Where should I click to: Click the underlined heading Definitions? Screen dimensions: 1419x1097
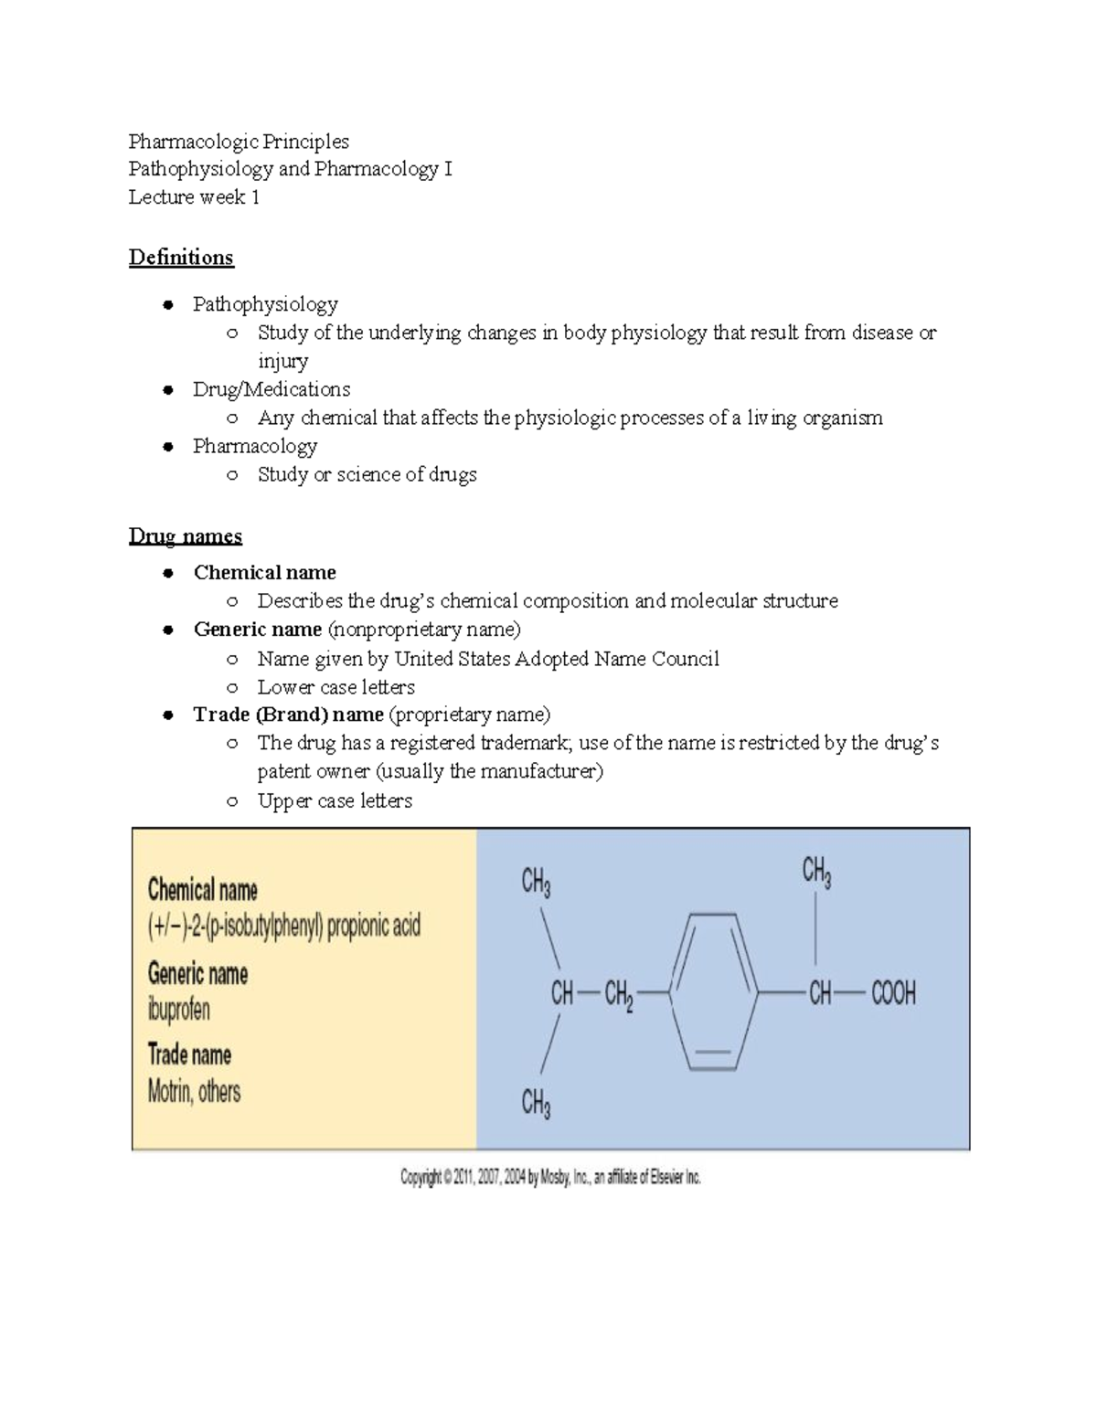[x=181, y=258]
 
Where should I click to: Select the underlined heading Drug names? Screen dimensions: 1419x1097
[x=186, y=536]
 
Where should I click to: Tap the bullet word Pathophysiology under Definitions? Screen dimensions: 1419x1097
[x=265, y=304]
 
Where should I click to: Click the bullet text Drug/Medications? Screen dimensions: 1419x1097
[x=272, y=389]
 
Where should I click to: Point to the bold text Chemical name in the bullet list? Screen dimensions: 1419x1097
[x=264, y=573]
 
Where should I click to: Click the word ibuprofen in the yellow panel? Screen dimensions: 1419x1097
[x=179, y=1010]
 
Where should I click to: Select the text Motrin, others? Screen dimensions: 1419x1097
[x=194, y=1092]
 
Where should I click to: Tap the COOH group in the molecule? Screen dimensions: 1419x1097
[x=893, y=993]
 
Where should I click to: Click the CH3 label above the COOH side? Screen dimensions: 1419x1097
[x=816, y=872]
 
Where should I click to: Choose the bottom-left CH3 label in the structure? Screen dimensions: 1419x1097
[x=536, y=1104]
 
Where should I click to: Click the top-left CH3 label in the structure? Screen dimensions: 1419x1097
[x=536, y=882]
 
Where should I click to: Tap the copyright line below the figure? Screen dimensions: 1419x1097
[x=550, y=1178]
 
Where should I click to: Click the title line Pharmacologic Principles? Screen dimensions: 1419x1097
[x=239, y=142]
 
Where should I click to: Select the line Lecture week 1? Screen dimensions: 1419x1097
[x=194, y=197]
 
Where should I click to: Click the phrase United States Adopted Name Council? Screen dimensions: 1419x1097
[x=557, y=659]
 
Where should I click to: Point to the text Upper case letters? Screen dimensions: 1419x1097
[x=335, y=801]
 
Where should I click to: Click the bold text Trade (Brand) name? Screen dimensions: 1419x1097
[x=288, y=715]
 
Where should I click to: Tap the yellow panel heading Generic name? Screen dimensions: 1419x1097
[x=197, y=974]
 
